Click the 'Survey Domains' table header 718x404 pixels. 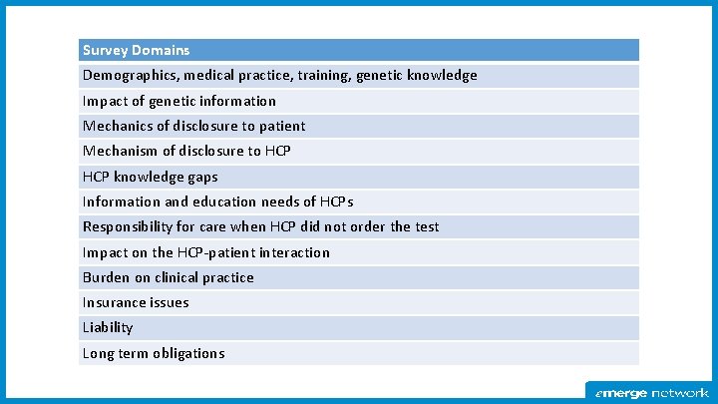coord(136,50)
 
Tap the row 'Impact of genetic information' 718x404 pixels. coord(179,101)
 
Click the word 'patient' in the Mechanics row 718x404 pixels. coord(281,126)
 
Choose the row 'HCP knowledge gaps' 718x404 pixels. coord(150,177)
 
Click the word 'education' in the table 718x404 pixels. coord(225,202)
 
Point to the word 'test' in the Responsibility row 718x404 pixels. coord(426,226)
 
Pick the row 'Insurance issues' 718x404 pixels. coord(136,302)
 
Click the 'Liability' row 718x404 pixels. coord(108,327)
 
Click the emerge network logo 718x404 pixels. coord(651,392)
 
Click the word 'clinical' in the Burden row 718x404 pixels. coord(177,277)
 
